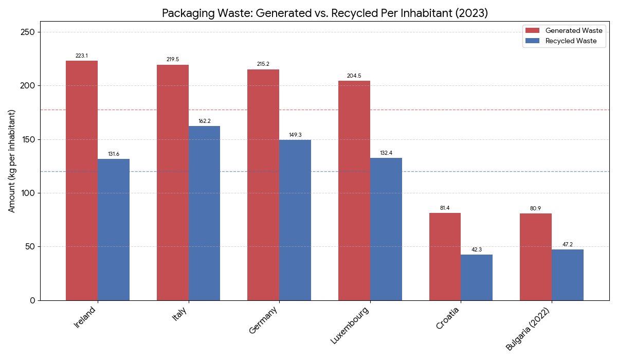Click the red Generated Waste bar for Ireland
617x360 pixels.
[x=82, y=180]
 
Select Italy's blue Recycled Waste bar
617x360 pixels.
[x=204, y=213]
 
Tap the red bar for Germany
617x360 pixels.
[x=263, y=185]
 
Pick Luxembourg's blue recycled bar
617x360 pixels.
[x=386, y=229]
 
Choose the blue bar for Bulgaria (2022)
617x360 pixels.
[x=568, y=275]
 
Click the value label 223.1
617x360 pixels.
[x=82, y=56]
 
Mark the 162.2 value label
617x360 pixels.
[x=205, y=121]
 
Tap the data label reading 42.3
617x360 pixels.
[x=477, y=249]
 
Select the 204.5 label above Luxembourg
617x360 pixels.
[x=354, y=76]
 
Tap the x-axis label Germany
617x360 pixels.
[x=263, y=319]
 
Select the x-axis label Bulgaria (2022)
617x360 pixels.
[x=528, y=329]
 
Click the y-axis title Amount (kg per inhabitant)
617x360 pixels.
[x=12, y=161]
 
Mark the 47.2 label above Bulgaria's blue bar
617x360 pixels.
[x=568, y=244]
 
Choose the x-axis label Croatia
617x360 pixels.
[x=447, y=318]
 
